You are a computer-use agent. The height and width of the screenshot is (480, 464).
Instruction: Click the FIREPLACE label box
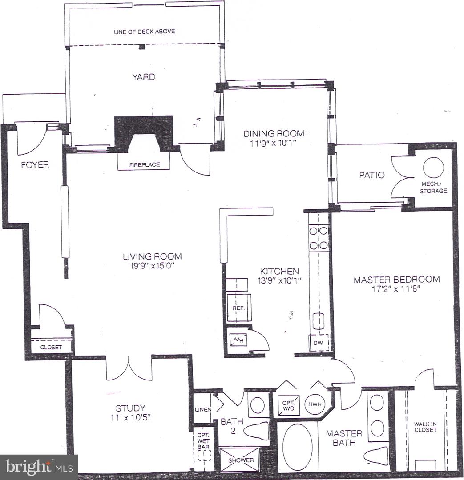(144, 164)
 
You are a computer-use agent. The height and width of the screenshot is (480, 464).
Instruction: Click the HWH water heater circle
(315, 404)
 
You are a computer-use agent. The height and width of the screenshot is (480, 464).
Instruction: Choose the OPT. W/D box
(288, 404)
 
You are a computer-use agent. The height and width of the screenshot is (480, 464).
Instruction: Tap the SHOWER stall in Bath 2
(239, 460)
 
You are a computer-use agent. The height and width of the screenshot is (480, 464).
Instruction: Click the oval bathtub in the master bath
(297, 447)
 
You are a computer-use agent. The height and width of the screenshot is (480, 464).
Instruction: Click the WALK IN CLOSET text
(425, 427)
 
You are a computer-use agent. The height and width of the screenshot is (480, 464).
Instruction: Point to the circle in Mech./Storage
(433, 168)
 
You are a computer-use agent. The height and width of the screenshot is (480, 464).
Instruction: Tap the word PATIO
(371, 175)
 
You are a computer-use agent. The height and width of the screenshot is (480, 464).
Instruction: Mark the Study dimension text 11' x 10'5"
(130, 417)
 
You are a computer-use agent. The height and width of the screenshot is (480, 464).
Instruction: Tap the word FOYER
(35, 165)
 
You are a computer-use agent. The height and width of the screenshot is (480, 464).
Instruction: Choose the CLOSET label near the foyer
(51, 347)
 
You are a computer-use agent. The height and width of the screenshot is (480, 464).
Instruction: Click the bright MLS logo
(39, 467)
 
